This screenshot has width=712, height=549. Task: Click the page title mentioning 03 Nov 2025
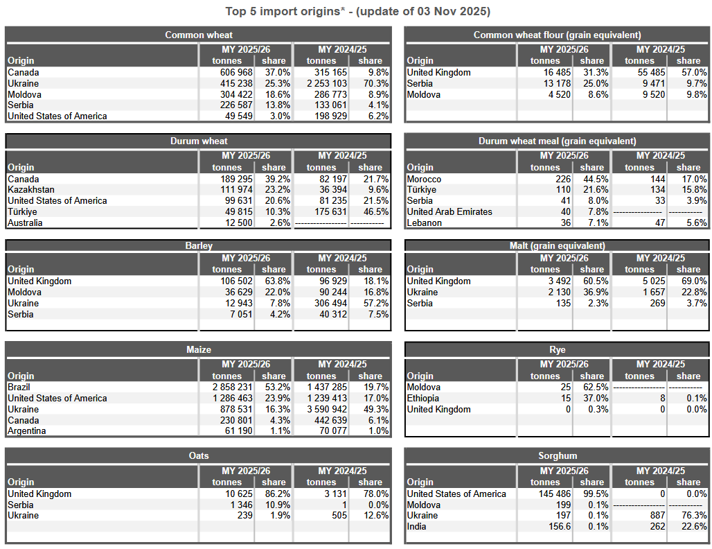(x=357, y=12)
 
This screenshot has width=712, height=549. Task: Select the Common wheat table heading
(x=199, y=35)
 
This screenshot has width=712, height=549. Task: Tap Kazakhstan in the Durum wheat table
(x=31, y=189)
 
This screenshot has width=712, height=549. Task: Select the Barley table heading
(x=199, y=245)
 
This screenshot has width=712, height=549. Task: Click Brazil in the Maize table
(x=19, y=387)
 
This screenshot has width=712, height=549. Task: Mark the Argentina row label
(x=27, y=431)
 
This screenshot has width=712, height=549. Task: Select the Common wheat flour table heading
(x=557, y=35)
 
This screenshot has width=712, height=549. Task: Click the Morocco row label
(x=425, y=179)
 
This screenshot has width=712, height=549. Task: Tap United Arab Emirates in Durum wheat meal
(x=450, y=211)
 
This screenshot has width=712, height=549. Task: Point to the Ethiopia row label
(x=423, y=398)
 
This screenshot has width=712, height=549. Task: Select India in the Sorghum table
(x=416, y=526)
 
